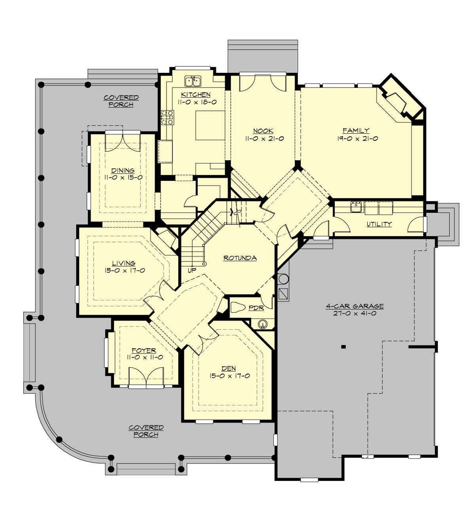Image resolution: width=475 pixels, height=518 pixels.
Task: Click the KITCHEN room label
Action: pos(196,94)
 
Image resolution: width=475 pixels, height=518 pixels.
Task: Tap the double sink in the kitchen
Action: pos(194,82)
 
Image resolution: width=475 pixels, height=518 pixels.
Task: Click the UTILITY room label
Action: pos(379,224)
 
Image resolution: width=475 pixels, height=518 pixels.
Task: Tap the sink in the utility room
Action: pos(356,207)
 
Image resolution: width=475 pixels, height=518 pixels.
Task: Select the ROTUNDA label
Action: pos(240,258)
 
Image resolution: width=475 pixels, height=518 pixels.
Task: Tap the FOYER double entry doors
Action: pos(146,376)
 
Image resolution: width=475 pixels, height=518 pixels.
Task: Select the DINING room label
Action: pos(123,171)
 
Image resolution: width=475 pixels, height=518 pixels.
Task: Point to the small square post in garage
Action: pos(343,347)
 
